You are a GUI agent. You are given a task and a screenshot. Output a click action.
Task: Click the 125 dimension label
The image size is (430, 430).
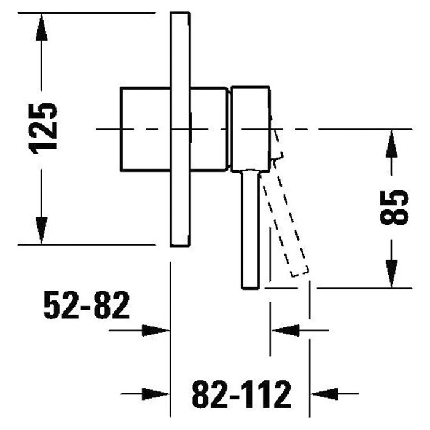42,128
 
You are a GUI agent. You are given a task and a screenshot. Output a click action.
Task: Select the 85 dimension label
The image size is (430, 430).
394,207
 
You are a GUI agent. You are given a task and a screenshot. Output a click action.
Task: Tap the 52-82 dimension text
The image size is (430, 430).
87,305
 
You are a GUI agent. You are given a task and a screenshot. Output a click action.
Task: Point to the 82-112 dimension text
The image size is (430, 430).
241,394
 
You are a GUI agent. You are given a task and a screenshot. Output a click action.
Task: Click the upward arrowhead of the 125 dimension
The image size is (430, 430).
41,28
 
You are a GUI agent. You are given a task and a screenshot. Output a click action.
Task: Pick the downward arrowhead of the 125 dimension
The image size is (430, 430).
41,230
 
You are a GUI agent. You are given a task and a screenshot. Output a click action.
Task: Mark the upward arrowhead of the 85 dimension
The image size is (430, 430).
391,144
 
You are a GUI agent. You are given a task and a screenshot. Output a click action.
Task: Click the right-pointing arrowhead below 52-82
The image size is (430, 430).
155,330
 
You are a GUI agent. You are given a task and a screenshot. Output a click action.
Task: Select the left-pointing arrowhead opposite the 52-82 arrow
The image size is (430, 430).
285,330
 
